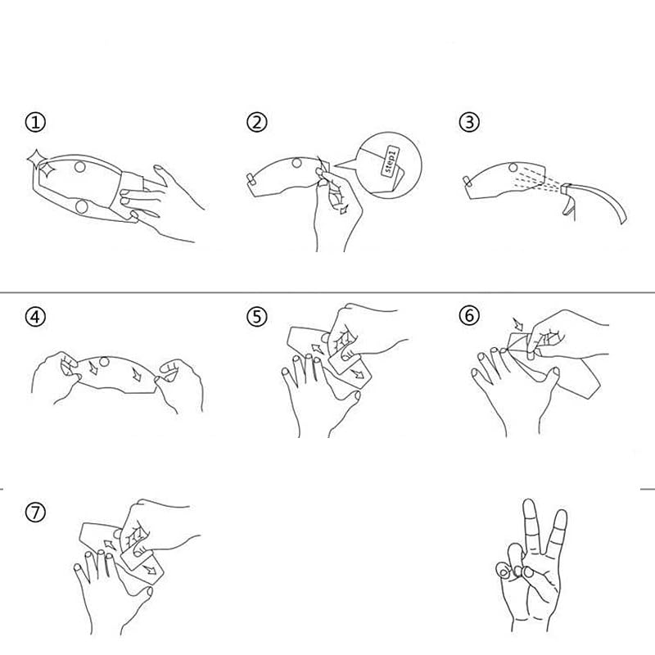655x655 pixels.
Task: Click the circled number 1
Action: tap(35, 122)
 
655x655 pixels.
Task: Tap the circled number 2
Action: tap(256, 122)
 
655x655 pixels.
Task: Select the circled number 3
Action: tap(469, 122)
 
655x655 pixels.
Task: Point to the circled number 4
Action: tap(35, 317)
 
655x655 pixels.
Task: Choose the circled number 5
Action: tap(256, 317)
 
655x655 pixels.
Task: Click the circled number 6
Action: tap(469, 315)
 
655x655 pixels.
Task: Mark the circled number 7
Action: tap(35, 512)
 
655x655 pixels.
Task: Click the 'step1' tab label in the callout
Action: tap(390, 161)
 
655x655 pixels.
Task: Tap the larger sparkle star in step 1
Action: tap(35, 159)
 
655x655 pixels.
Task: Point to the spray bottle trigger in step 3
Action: tap(568, 206)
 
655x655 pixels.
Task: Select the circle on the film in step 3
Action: tap(513, 168)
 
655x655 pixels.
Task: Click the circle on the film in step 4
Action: tap(104, 362)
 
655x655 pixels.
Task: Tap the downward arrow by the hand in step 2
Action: tap(344, 209)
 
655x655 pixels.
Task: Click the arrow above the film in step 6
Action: tap(518, 323)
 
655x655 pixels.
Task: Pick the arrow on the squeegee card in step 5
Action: tap(358, 373)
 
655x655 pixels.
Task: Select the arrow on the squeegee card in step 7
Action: tap(149, 569)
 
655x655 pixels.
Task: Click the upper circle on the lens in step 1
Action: tap(79, 167)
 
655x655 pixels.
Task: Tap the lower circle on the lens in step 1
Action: tap(82, 206)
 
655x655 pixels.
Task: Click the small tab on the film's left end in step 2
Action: tap(251, 178)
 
